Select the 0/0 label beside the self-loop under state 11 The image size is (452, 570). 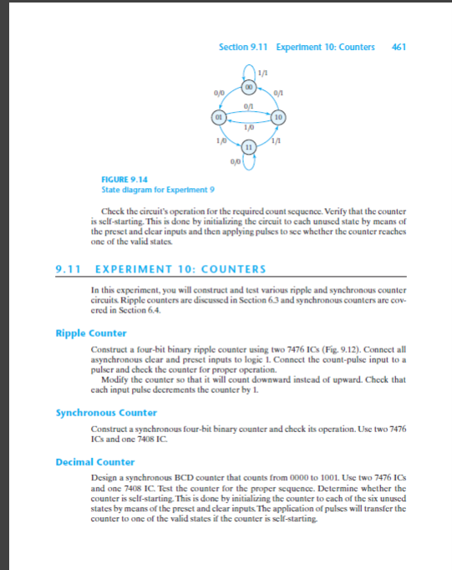point(233,162)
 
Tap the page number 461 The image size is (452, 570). point(399,46)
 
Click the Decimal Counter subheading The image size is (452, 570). point(89,461)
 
